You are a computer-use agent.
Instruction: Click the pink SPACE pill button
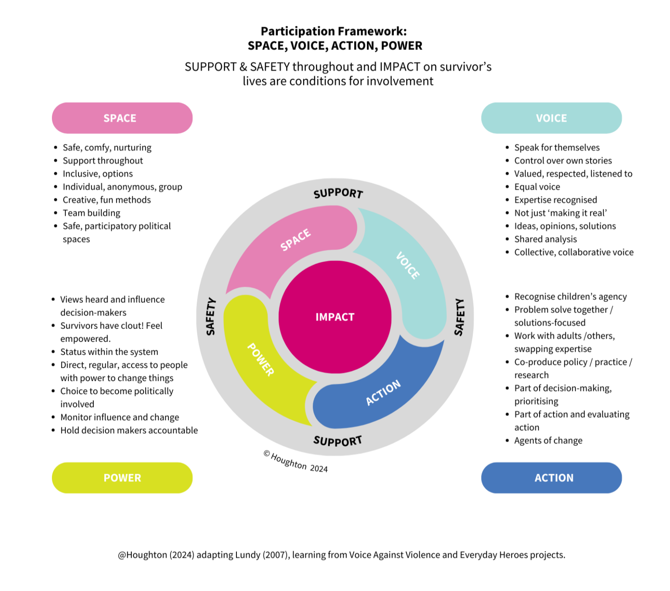(122, 118)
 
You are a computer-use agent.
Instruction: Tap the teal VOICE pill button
(551, 118)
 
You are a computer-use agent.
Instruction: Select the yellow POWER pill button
(122, 478)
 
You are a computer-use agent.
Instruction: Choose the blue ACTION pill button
(551, 478)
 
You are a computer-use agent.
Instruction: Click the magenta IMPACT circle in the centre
(335, 317)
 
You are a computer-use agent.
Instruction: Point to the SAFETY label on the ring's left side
(211, 317)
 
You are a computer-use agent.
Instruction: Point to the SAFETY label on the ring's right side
(459, 317)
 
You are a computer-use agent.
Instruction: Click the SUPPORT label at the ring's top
(338, 193)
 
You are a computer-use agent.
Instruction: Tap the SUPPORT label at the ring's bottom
(338, 441)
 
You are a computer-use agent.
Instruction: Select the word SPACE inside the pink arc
(295, 239)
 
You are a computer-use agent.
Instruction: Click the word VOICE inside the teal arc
(408, 265)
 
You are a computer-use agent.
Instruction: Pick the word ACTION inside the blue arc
(383, 392)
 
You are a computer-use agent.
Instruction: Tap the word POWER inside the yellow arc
(261, 359)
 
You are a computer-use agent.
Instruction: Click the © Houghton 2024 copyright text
(296, 462)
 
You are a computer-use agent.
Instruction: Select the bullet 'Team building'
(92, 213)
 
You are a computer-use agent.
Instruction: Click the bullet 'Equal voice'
(537, 187)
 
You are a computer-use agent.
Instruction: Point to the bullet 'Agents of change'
(548, 441)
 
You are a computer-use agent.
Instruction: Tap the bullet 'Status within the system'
(109, 352)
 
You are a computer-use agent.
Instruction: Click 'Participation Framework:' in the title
(334, 31)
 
